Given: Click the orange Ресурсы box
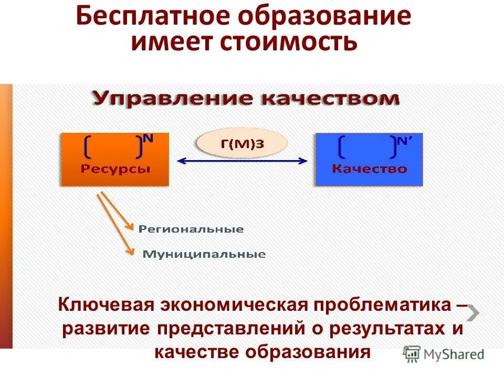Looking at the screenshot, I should pyautogui.click(x=115, y=159).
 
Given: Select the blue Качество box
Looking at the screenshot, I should pyautogui.click(x=369, y=159).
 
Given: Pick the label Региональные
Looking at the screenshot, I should pyautogui.click(x=191, y=229).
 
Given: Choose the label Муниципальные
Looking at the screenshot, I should pyautogui.click(x=204, y=255).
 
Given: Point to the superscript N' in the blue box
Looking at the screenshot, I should pyautogui.click(x=404, y=140).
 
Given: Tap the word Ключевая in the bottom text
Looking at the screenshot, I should pyautogui.click(x=109, y=304).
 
